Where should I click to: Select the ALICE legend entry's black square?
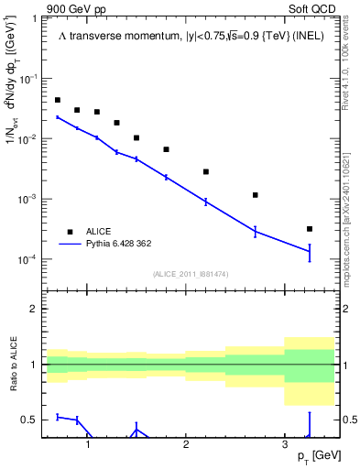tap(69, 232)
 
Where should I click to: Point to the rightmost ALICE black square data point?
tap(310, 229)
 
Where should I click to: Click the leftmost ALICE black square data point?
tap(58, 100)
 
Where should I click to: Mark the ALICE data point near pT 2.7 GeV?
tap(256, 195)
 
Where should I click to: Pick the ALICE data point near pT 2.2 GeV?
tap(206, 171)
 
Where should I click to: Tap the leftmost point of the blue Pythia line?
tap(58, 117)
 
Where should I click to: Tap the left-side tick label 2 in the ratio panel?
tap(35, 309)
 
